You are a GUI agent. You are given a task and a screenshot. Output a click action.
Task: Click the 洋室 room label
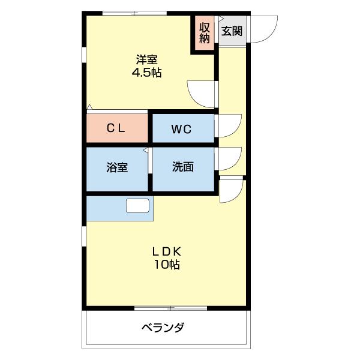[146, 59]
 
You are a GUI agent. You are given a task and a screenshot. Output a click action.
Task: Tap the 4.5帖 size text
[146, 73]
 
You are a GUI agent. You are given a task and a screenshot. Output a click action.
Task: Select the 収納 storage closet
[205, 33]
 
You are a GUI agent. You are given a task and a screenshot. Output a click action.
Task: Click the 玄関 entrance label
[232, 32]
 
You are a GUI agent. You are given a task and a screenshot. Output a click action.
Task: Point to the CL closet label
[116, 128]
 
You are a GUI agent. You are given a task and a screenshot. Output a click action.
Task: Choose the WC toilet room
[181, 128]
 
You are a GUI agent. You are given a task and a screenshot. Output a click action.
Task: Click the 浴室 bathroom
[117, 168]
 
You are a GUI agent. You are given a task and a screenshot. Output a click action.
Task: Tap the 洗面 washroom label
[183, 168]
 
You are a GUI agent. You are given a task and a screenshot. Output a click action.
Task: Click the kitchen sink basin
[137, 206]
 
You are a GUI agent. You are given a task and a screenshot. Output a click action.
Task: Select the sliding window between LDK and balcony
[170, 308]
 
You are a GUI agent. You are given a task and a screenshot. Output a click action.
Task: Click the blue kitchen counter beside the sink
[105, 208]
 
